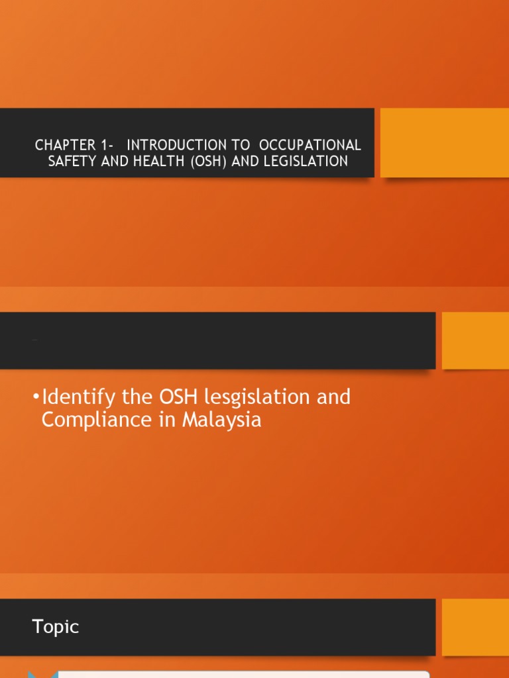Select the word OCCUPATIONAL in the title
[x=310, y=145]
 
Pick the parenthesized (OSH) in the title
[x=210, y=162]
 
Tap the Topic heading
[x=55, y=627]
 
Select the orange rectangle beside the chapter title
[x=444, y=142]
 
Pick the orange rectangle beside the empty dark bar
[x=475, y=340]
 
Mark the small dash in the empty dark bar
[x=34, y=340]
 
